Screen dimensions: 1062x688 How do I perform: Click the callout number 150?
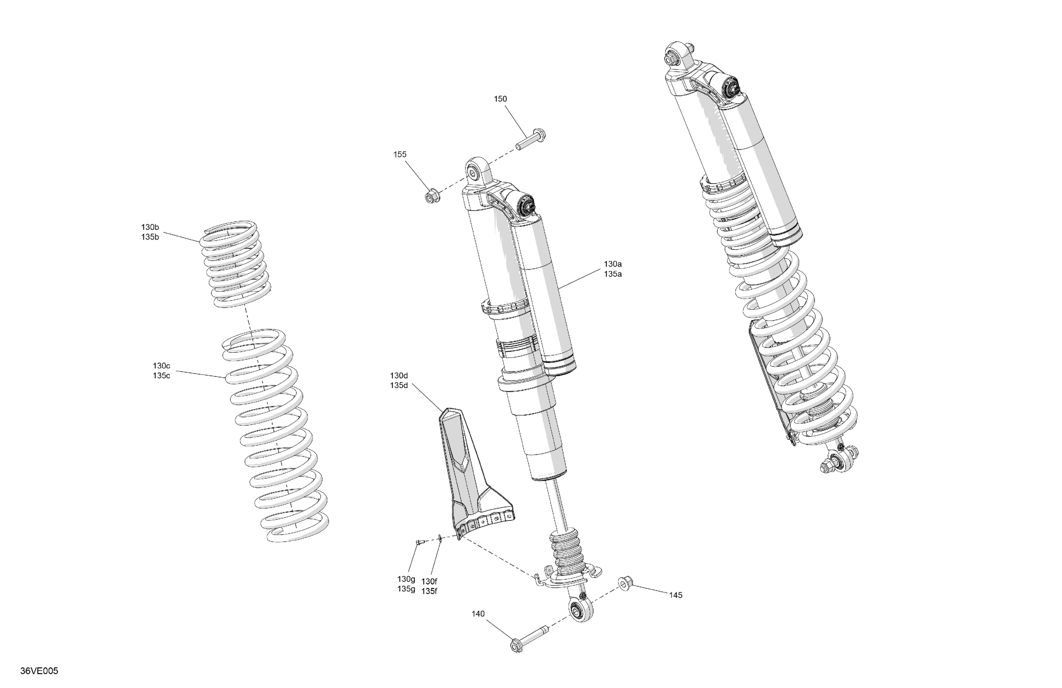tap(500, 99)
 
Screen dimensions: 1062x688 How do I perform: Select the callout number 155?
tap(400, 154)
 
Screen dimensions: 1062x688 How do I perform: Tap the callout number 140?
tap(478, 614)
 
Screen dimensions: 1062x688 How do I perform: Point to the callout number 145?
tap(676, 595)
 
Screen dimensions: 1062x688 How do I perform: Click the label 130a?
tap(613, 264)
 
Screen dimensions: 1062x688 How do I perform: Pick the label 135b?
tap(150, 237)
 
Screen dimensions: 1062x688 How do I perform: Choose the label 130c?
tap(162, 366)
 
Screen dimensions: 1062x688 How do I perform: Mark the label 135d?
tap(399, 385)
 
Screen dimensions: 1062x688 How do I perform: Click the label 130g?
tap(406, 579)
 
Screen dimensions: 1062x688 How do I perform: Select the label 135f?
tap(429, 591)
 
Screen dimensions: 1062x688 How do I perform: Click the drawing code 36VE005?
tap(39, 671)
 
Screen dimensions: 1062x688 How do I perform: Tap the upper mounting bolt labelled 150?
tap(531, 139)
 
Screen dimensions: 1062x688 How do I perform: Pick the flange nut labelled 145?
tap(624, 584)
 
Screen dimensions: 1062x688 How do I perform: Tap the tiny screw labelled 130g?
tap(420, 542)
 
